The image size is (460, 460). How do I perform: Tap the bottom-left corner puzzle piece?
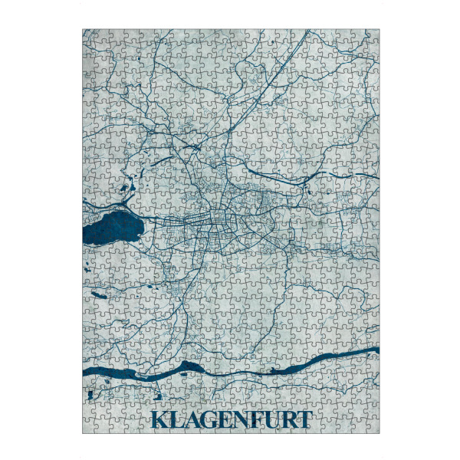click(x=89, y=427)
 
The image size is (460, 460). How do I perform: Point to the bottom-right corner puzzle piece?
click(x=373, y=427)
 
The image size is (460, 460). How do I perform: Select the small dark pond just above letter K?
click(x=157, y=398)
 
